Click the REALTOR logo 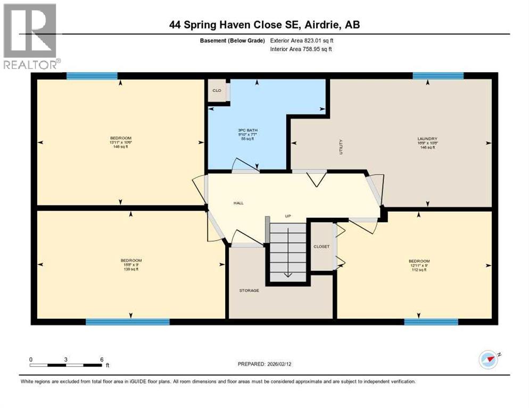pyautogui.click(x=30, y=36)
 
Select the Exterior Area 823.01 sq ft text pyautogui.click(x=302, y=40)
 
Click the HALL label pyautogui.click(x=238, y=202)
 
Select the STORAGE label pyautogui.click(x=249, y=290)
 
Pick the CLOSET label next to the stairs pyautogui.click(x=321, y=246)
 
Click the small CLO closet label pyautogui.click(x=217, y=91)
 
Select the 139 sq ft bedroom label pyautogui.click(x=131, y=265)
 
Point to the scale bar pyautogui.click(x=66, y=365)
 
